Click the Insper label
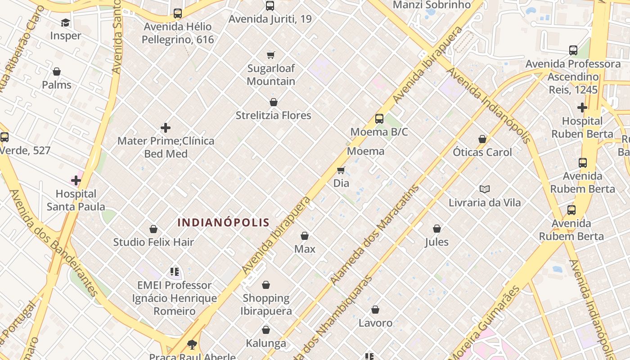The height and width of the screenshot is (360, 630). click(x=66, y=36)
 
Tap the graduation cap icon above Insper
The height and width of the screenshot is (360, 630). click(x=66, y=23)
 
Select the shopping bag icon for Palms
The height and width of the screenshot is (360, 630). click(x=57, y=72)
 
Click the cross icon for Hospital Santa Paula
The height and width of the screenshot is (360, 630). click(x=76, y=181)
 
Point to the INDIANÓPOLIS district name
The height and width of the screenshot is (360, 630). click(x=223, y=222)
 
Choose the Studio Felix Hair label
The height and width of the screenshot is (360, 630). click(x=153, y=242)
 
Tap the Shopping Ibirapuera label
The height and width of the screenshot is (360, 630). click(x=266, y=304)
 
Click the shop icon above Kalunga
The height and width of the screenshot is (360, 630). click(x=266, y=330)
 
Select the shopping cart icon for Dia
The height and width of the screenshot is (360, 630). click(x=341, y=170)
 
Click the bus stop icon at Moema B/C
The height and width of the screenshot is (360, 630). click(x=379, y=119)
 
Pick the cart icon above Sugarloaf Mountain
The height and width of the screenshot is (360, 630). click(x=270, y=55)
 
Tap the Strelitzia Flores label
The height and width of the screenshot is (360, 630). click(x=273, y=116)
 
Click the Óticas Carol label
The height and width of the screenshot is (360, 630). click(x=482, y=152)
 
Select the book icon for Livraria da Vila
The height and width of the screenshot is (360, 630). click(x=484, y=189)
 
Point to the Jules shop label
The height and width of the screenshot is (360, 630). click(x=436, y=242)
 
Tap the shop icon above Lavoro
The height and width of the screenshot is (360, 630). click(x=375, y=310)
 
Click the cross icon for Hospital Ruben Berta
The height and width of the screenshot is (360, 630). click(x=582, y=108)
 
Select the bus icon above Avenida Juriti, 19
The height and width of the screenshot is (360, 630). click(x=270, y=6)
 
